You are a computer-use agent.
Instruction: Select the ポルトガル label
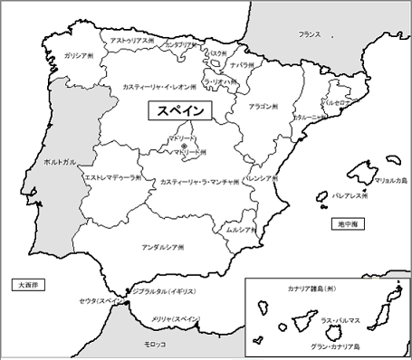coord(46,162)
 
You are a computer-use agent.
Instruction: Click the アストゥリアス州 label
coord(130,41)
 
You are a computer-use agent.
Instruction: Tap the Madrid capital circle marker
coord(184,146)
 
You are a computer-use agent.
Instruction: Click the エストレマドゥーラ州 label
coord(111,178)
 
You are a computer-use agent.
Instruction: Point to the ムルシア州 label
coord(241,230)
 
